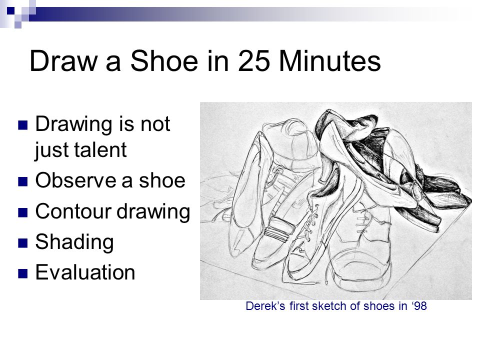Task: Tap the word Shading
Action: [74, 243]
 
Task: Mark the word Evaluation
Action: [85, 273]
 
